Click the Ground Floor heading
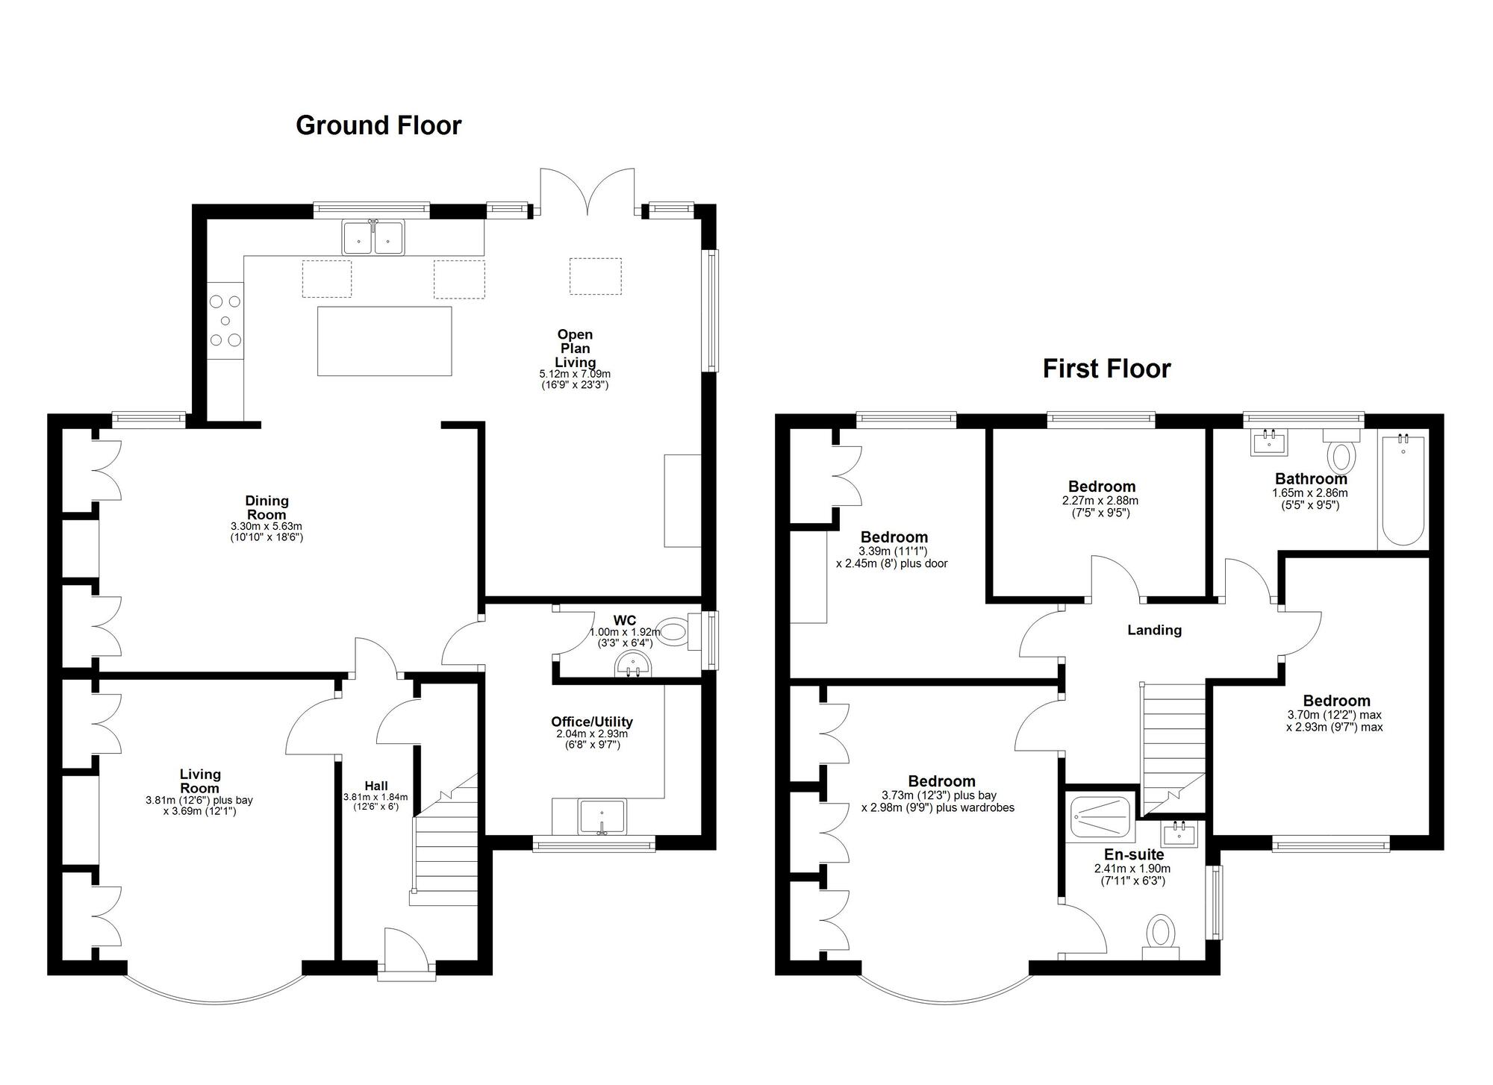(x=378, y=125)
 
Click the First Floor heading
(x=1106, y=369)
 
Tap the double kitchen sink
(x=373, y=237)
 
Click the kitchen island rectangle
(x=384, y=341)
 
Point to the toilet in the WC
(x=673, y=633)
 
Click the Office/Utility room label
(x=592, y=722)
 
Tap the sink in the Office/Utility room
(x=602, y=816)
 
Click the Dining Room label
(x=267, y=507)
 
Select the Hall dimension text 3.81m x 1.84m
(x=375, y=797)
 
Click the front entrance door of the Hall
(x=405, y=951)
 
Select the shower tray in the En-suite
(x=1100, y=819)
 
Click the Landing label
(x=1154, y=631)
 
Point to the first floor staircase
(x=1173, y=746)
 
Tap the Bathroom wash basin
(x=1268, y=443)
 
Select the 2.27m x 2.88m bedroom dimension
(x=1100, y=501)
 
